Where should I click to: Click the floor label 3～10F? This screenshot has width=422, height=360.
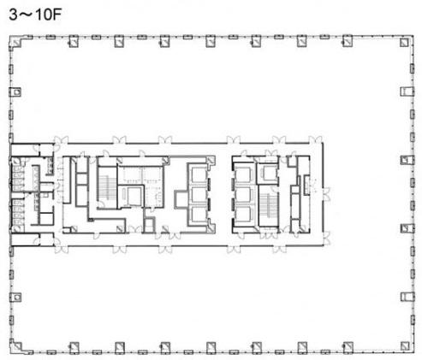pyautogui.click(x=35, y=15)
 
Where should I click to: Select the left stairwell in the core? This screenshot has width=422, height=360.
pyautogui.click(x=108, y=186)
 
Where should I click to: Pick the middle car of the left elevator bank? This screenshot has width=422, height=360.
pyautogui.click(x=199, y=194)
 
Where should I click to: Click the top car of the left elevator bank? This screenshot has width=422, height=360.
pyautogui.click(x=199, y=174)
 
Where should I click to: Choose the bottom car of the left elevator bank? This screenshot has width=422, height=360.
pyautogui.click(x=199, y=215)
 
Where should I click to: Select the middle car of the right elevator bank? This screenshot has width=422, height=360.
pyautogui.click(x=243, y=194)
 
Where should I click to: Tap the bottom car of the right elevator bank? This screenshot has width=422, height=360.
pyautogui.click(x=243, y=215)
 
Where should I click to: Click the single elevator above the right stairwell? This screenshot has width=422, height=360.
pyautogui.click(x=269, y=174)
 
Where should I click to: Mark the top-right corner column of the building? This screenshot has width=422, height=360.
pyautogui.click(x=404, y=42)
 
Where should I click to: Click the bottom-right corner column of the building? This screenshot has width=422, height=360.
pyautogui.click(x=404, y=346)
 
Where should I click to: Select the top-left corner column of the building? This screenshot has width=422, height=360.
pyautogui.click(x=16, y=42)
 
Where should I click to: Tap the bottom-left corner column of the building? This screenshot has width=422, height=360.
pyautogui.click(x=16, y=346)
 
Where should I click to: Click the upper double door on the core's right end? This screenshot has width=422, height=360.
pyautogui.click(x=327, y=194)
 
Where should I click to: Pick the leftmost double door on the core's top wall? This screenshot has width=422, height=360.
pyautogui.click(x=61, y=139)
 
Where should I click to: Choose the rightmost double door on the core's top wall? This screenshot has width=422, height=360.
pyautogui.click(x=315, y=139)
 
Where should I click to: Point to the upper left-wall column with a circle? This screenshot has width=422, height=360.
pyautogui.click(x=15, y=92)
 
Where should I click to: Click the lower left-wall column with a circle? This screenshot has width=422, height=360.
pyautogui.click(x=15, y=297)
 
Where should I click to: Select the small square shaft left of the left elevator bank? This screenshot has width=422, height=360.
pyautogui.click(x=180, y=199)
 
